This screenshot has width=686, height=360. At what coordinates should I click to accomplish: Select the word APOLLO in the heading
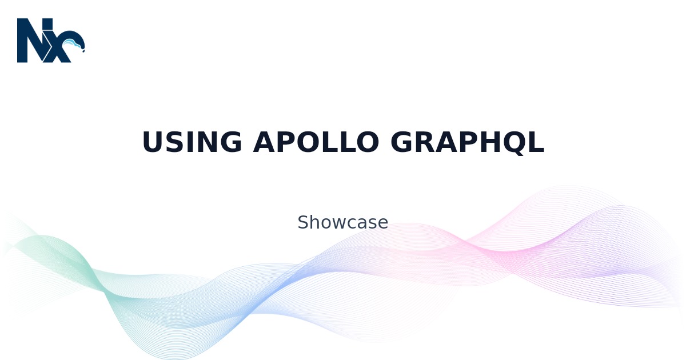pos(316,142)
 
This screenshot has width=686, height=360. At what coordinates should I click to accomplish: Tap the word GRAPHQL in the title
pos(468,143)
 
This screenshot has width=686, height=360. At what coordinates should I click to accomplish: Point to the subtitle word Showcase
pos(342,222)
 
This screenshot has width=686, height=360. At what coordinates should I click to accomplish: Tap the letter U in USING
pos(153,142)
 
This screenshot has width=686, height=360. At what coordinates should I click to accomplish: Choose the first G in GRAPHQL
pos(401,142)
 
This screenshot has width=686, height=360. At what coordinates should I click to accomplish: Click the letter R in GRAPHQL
pos(426,142)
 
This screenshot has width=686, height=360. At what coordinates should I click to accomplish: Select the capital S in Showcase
pos(303,222)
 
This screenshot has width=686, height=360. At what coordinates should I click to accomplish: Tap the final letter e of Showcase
pos(383,224)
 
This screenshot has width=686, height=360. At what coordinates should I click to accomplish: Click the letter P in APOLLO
pos(286,142)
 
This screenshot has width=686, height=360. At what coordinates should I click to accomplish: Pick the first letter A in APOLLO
pos(264,142)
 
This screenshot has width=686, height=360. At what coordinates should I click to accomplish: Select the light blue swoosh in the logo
pos(74,43)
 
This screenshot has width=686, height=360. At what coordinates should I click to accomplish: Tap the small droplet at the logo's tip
pos(83,51)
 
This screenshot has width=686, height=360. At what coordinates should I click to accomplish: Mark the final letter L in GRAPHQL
pos(537,142)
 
